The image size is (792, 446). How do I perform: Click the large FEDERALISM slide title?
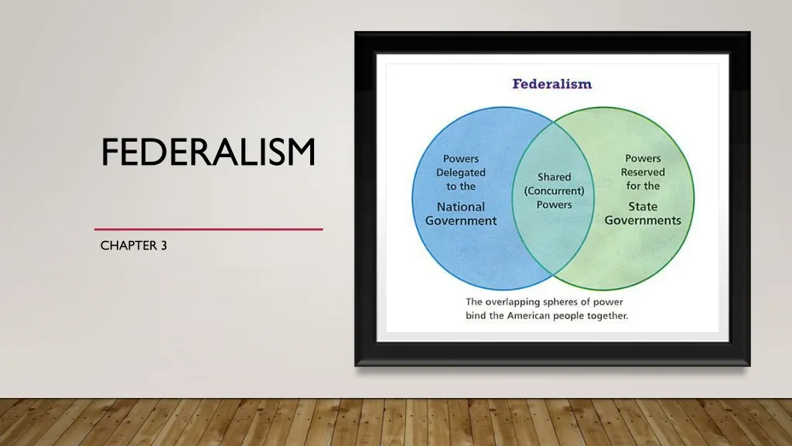pos(208,152)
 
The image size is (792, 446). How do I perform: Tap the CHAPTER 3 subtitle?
pos(133,245)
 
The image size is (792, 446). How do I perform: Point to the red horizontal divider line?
pos(209,229)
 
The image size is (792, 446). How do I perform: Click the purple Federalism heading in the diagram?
pos(552,84)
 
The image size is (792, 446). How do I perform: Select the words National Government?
pos(461,214)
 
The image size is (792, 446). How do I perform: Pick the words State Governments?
pos(643,214)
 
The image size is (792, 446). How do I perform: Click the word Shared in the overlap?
pos(554,177)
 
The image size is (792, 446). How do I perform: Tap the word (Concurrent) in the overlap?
pos(554,190)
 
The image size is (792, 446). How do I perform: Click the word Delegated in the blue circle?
pos(461,173)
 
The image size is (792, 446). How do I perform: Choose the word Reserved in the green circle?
pos(643,172)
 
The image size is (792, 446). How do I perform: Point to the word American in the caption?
pos(528,316)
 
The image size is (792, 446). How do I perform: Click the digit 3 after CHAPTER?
pos(164,245)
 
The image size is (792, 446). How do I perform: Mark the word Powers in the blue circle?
pos(461,159)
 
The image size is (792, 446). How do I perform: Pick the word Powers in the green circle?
pos(643,158)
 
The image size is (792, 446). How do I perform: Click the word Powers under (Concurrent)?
pos(554,204)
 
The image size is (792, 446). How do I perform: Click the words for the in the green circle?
pos(643,186)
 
